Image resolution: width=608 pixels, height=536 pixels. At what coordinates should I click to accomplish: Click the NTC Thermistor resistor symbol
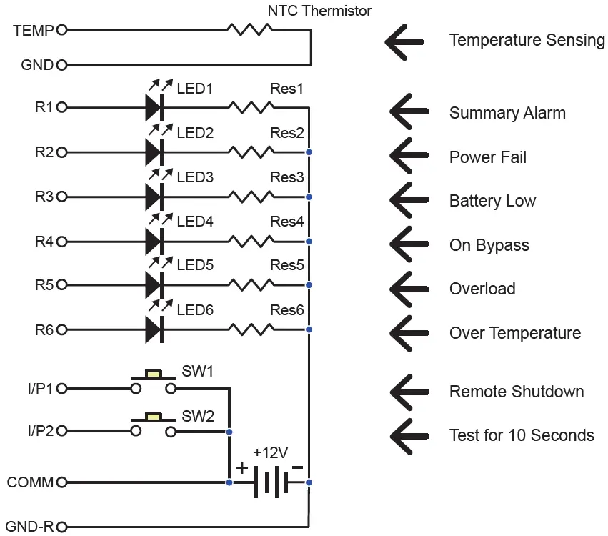[250, 29]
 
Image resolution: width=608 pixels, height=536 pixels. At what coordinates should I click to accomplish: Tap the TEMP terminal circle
[62, 30]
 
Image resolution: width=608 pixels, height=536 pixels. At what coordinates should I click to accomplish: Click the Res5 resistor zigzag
[251, 285]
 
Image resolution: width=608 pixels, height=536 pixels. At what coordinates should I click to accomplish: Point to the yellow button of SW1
[154, 374]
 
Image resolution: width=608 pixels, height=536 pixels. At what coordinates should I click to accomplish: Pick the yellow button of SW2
[154, 417]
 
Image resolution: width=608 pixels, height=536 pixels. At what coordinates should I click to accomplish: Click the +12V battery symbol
[271, 482]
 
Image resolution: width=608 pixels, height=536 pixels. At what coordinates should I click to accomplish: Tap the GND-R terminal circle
[62, 527]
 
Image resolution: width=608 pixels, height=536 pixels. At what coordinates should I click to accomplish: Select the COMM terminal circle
[62, 482]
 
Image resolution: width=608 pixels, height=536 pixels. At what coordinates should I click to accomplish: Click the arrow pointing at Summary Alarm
[409, 111]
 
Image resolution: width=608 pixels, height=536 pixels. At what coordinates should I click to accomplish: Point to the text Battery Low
[492, 202]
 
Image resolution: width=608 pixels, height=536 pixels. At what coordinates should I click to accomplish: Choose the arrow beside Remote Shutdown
[409, 392]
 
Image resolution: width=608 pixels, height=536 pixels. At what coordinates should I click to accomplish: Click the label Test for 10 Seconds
[522, 435]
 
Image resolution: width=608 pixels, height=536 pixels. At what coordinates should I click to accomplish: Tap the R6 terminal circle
[62, 330]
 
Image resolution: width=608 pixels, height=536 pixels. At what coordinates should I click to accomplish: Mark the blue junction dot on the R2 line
[309, 152]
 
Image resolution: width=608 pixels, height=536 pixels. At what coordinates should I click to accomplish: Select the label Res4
[287, 222]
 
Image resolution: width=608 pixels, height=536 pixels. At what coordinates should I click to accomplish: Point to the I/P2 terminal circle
[62, 431]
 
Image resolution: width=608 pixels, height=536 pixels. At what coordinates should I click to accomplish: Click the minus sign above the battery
[297, 467]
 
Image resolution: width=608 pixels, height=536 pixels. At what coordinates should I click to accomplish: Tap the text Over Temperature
[515, 333]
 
